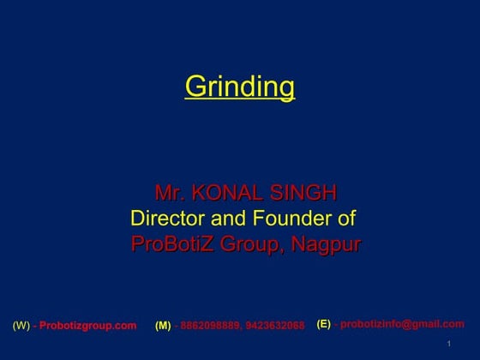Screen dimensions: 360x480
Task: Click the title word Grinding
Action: (240, 87)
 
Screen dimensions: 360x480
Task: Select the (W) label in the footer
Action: (21, 326)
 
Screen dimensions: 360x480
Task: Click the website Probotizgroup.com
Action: (88, 326)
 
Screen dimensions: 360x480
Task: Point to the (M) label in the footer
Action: (163, 326)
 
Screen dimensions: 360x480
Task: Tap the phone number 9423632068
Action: (274, 326)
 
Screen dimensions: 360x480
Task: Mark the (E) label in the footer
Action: (324, 324)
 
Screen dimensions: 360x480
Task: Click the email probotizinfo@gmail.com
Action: (402, 324)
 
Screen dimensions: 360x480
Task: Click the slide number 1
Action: (449, 345)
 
